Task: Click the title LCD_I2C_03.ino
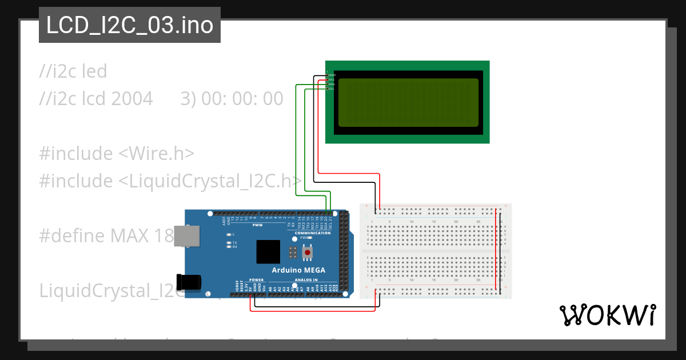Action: (x=130, y=25)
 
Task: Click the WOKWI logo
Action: (x=607, y=315)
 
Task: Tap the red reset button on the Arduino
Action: (x=308, y=252)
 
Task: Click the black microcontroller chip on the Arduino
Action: (x=268, y=251)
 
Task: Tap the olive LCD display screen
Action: (x=408, y=102)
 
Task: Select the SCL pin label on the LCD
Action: (x=332, y=89)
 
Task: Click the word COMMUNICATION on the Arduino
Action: (x=312, y=233)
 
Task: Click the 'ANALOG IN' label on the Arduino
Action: (x=306, y=280)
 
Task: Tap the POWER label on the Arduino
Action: (x=257, y=280)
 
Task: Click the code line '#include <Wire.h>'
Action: (x=117, y=154)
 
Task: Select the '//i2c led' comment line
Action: (x=73, y=71)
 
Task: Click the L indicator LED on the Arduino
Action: (x=229, y=235)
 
